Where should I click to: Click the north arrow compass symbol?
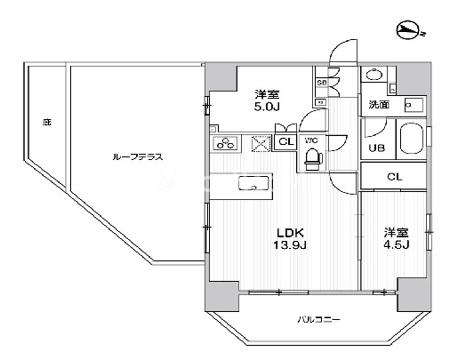pos(410,33)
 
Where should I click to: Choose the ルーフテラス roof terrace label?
pos(137,156)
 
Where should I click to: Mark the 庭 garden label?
pos(45,122)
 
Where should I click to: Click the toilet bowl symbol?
pos(312,158)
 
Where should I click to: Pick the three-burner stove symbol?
pos(226,143)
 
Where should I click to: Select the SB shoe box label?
pos(321,84)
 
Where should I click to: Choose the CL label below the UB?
pos(394,177)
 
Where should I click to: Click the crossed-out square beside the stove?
pos(260,143)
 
